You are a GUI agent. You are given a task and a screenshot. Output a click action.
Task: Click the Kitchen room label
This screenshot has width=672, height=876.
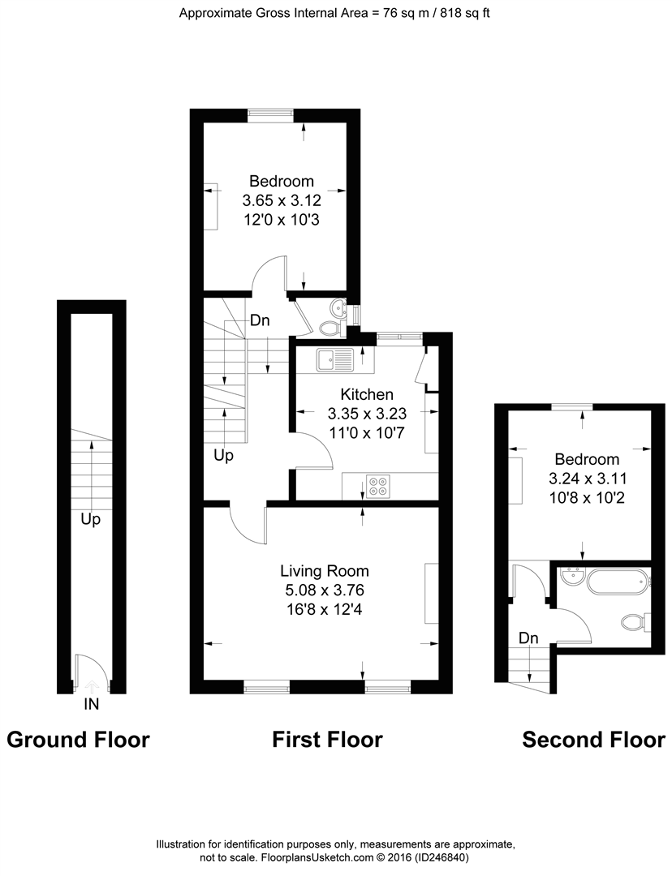[x=367, y=394]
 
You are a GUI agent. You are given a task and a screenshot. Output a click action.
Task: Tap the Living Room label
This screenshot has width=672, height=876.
[x=325, y=571]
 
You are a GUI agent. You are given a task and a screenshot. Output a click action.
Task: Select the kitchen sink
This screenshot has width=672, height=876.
[x=334, y=360]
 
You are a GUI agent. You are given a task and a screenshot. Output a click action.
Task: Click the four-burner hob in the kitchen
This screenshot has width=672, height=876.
[x=378, y=486]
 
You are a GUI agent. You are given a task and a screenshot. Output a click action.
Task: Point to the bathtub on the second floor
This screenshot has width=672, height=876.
[x=618, y=580]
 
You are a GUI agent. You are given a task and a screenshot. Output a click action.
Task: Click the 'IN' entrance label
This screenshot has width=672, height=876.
[x=91, y=705]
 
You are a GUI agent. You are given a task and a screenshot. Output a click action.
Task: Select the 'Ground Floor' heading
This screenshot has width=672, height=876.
[x=78, y=740]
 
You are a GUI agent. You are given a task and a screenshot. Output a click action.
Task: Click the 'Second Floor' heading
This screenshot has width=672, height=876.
[x=594, y=740]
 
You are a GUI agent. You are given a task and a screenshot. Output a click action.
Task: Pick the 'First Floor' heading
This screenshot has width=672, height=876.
[x=328, y=740]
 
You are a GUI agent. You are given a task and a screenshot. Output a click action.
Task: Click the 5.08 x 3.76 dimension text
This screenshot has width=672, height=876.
[x=325, y=590]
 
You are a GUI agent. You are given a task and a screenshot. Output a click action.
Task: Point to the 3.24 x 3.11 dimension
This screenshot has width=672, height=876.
[x=588, y=479]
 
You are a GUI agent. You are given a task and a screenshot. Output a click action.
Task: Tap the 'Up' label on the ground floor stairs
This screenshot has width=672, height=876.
[x=91, y=520]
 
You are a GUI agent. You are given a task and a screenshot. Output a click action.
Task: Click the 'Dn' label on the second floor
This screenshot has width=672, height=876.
[x=528, y=638]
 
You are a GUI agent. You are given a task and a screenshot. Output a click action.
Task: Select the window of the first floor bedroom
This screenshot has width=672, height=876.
[x=270, y=114]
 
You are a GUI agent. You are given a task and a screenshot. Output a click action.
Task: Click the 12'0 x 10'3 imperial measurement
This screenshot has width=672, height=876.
[x=282, y=220]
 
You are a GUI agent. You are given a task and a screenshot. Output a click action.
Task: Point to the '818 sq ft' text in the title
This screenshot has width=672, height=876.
[x=465, y=14]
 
